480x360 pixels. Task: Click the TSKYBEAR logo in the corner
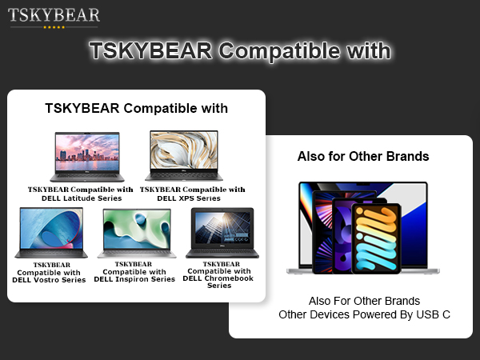pyautogui.click(x=54, y=15)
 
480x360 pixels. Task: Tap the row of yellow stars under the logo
pyautogui.click(x=54, y=27)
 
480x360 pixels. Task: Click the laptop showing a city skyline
pyautogui.click(x=87, y=157)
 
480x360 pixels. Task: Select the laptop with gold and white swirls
pyautogui.click(x=184, y=155)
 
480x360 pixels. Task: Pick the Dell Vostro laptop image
pyautogui.click(x=51, y=233)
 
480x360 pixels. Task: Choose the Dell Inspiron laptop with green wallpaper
pyautogui.click(x=137, y=234)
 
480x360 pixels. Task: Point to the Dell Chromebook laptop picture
pyautogui.click(x=222, y=233)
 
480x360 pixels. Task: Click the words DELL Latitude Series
pyautogui.click(x=82, y=198)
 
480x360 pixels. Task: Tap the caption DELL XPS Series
pyautogui.click(x=189, y=198)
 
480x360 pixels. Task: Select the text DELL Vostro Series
pyautogui.click(x=49, y=280)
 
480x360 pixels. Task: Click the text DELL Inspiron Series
pyautogui.click(x=134, y=279)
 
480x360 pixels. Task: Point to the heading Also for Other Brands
pyautogui.click(x=363, y=156)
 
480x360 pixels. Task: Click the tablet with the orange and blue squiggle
pyautogui.click(x=377, y=238)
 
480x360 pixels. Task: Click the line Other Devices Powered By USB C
pyautogui.click(x=364, y=314)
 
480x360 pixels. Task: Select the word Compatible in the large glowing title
pyautogui.click(x=279, y=51)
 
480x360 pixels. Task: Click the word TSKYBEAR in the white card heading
pyautogui.click(x=82, y=108)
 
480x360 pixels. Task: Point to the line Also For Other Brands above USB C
pyautogui.click(x=364, y=301)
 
